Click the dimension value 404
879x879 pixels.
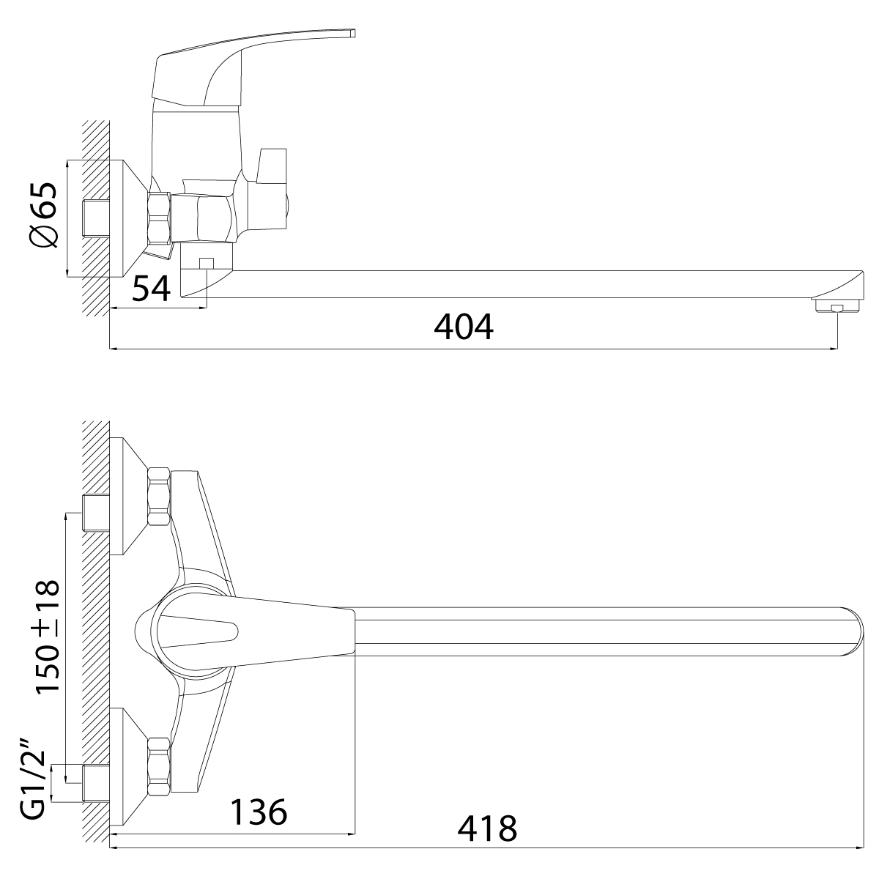(463, 327)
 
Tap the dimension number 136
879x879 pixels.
(258, 812)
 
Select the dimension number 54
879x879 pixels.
(151, 289)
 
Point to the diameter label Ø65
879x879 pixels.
(44, 215)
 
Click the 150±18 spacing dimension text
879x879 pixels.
(48, 637)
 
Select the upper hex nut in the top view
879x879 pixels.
(159, 497)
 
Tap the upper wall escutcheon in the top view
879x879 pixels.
(129, 497)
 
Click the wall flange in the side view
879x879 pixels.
(129, 218)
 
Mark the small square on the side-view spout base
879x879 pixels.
(207, 263)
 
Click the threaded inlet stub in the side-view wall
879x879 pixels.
(96, 218)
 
